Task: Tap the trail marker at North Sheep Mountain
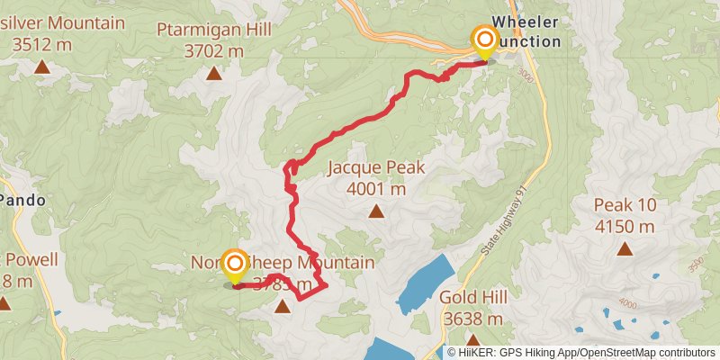234,264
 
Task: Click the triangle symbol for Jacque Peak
375,212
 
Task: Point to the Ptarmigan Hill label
213,30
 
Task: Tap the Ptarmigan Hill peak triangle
213,73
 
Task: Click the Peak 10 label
625,205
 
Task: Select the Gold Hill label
472,297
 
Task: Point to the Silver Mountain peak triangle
41,67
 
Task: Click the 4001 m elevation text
375,189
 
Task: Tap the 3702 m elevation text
213,51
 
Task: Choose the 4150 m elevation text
625,226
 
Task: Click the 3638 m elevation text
472,319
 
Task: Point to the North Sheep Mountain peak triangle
283,307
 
